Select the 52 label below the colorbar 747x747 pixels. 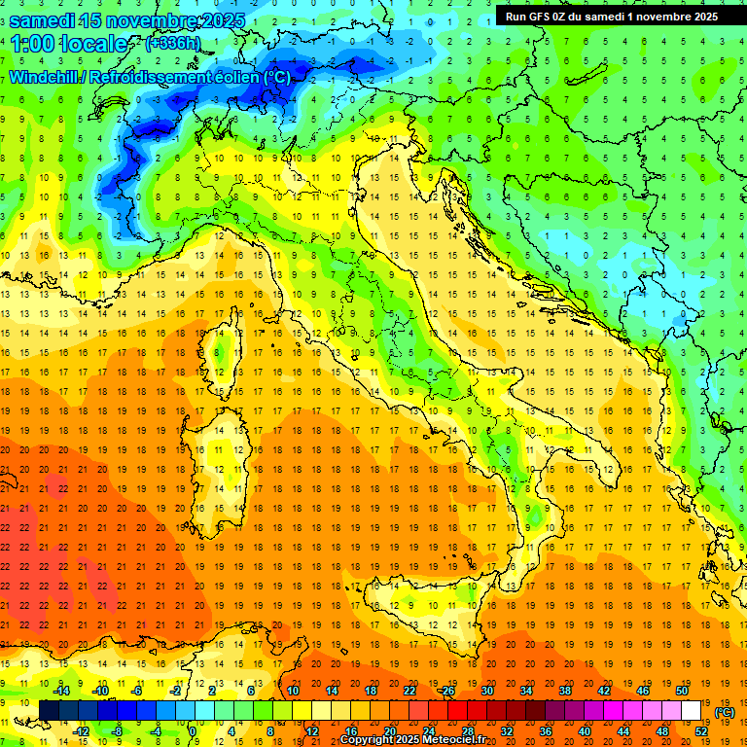point(700,731)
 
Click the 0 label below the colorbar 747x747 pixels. point(193,731)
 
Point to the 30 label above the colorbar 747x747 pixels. point(486,691)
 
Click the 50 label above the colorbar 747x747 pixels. point(682,691)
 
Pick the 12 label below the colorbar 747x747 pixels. point(311,731)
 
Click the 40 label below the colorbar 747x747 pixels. point(584,731)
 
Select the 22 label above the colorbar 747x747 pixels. point(409,691)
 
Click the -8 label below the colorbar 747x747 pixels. point(117,731)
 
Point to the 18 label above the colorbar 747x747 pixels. point(370,691)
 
